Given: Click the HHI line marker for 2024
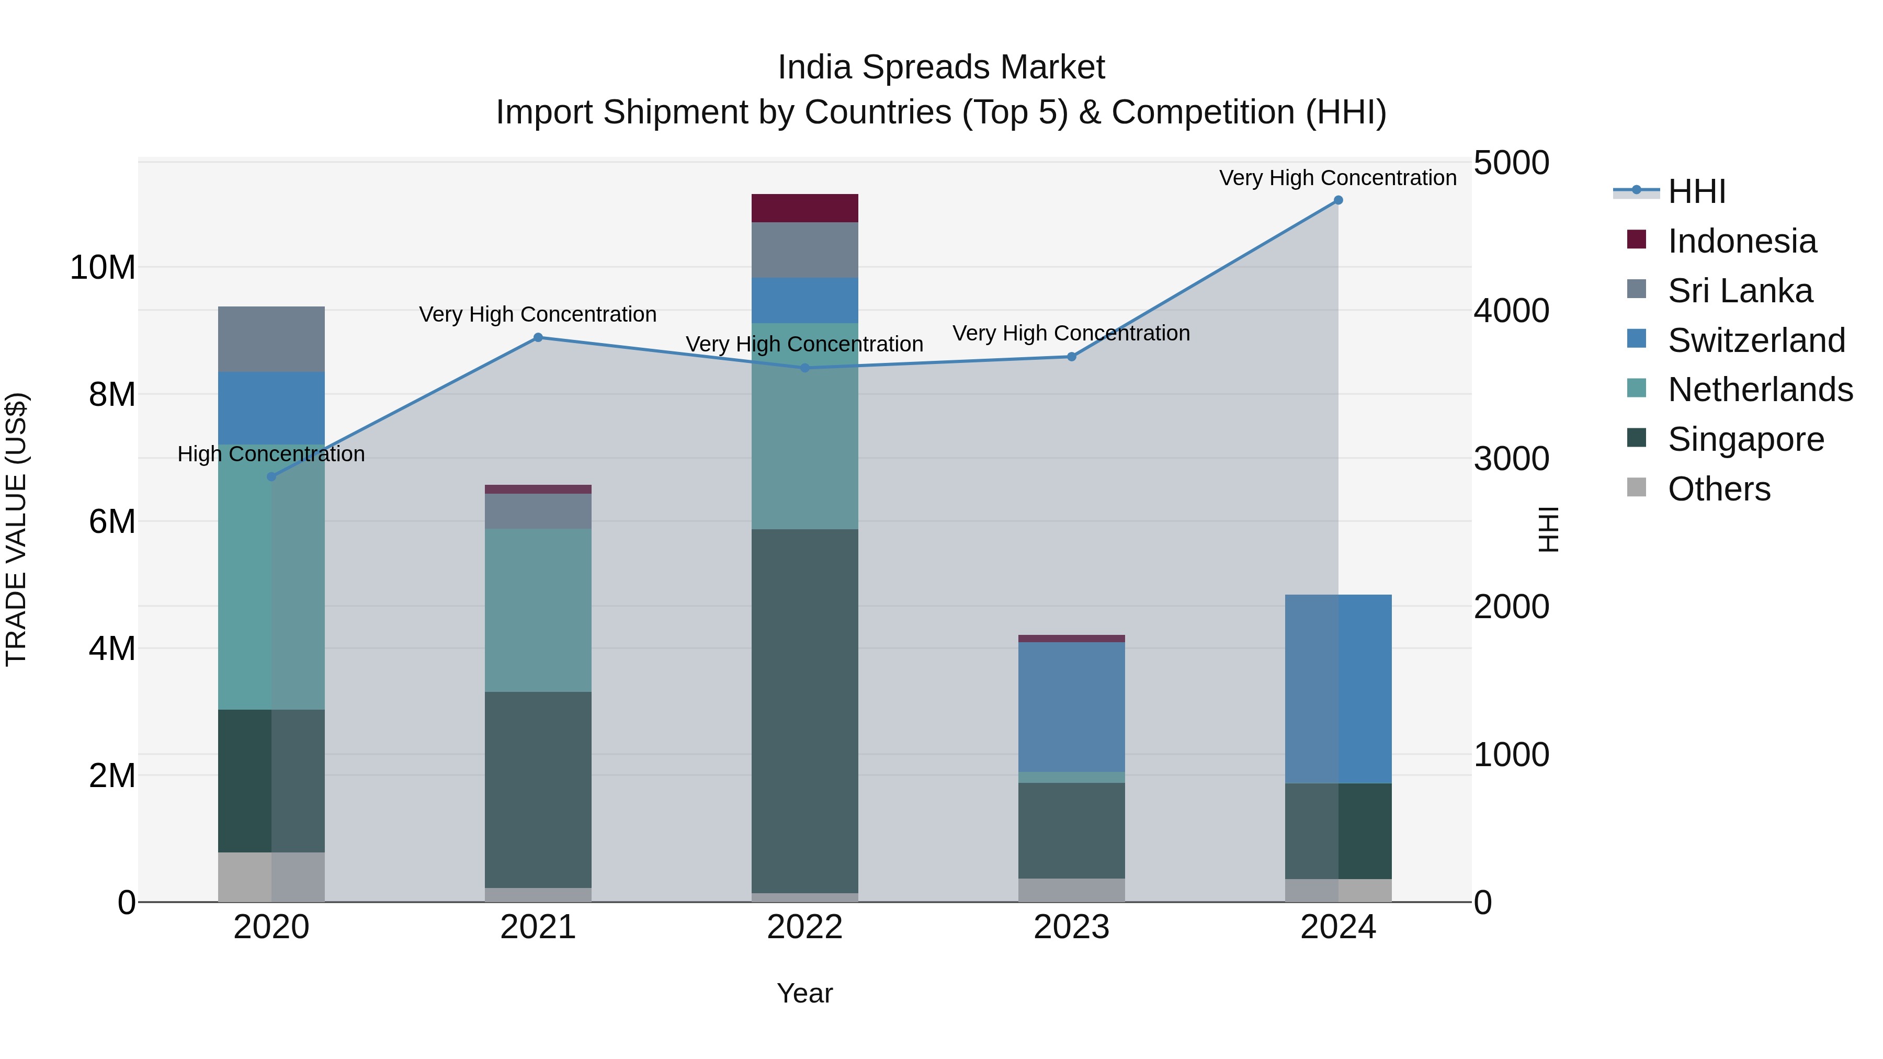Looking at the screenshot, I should (1337, 200).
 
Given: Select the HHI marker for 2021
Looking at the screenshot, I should (538, 338).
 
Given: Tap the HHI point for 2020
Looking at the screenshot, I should (271, 476).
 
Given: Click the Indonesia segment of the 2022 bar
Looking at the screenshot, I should (805, 208).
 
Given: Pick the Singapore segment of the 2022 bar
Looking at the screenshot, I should (805, 710).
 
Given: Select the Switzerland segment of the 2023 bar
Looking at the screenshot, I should (1072, 707).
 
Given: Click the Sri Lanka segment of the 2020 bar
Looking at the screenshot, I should (271, 339).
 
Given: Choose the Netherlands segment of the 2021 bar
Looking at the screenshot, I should (538, 610).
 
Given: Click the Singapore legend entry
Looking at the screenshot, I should (1745, 439).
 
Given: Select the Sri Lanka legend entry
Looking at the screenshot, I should (1740, 291).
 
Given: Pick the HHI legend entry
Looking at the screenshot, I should (1696, 191).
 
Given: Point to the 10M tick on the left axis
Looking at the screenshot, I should (103, 267).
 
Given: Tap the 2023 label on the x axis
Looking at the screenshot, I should (1072, 927).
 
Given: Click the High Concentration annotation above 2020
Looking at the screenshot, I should (271, 454).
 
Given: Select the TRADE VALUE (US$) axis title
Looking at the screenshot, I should (16, 529).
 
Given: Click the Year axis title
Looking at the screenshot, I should (805, 993).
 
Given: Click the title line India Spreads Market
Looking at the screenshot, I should (941, 67).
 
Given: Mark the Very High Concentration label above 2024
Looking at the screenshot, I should (1337, 178).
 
